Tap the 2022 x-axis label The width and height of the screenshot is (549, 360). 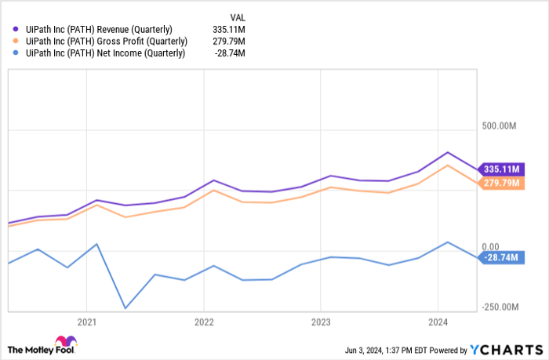[204, 322]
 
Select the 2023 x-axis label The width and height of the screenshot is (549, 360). [321, 322]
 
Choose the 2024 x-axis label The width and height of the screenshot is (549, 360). [438, 322]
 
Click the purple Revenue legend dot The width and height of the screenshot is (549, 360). [17, 30]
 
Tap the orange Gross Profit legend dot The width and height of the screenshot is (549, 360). [17, 42]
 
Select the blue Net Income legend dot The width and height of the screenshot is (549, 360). [17, 53]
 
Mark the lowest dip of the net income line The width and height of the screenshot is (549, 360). [125, 308]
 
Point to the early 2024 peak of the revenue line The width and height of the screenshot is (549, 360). [448, 152]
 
